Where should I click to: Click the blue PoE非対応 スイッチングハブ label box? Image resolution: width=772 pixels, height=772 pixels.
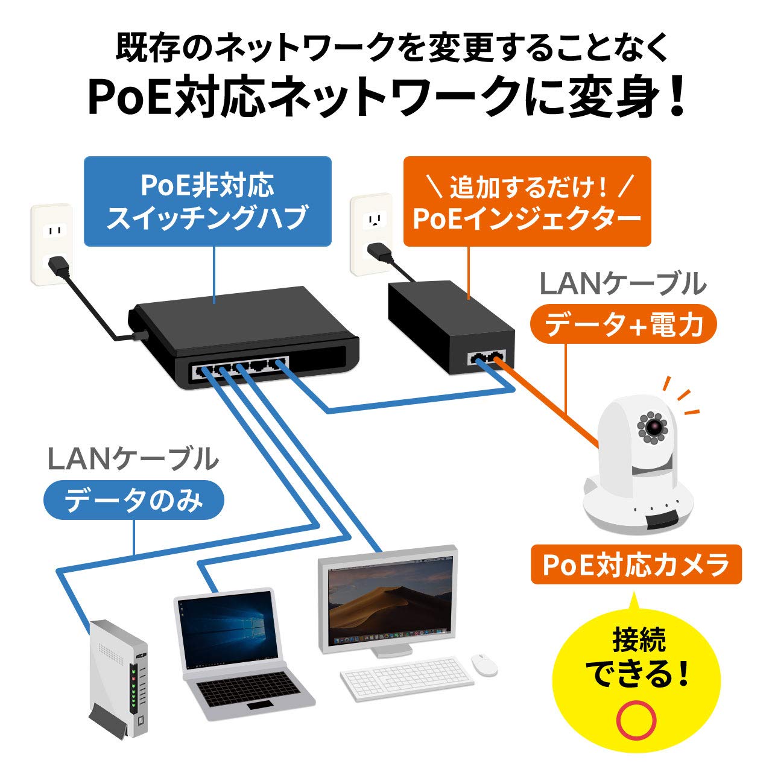(x=207, y=201)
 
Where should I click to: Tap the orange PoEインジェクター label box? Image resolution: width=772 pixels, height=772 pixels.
(x=527, y=201)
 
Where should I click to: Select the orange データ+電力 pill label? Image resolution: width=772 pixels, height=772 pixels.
(x=623, y=325)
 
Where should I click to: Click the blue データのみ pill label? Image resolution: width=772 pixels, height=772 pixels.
(x=134, y=500)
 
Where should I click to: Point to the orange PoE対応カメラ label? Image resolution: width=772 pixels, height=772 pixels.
(x=636, y=565)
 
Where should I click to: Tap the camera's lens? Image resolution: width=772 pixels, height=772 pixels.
(x=654, y=427)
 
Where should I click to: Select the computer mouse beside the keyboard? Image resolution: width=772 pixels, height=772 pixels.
(x=484, y=663)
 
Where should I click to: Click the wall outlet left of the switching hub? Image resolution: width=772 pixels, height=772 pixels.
(x=52, y=242)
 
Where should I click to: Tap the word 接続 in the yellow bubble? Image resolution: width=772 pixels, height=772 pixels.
(x=639, y=641)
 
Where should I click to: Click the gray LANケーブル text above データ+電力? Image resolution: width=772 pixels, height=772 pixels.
(x=622, y=284)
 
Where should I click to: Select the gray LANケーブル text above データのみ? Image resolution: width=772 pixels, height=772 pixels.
(x=133, y=460)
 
